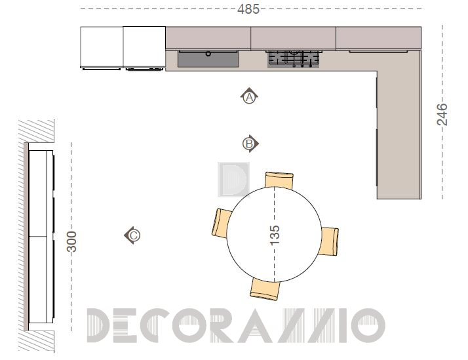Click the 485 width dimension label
(248, 9)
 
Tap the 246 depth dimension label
(442, 114)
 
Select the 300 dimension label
(71, 241)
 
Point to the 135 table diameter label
(275, 235)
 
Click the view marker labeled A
(249, 96)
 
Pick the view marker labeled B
(250, 144)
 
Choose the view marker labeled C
(132, 235)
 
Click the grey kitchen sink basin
(208, 59)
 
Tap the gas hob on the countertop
(294, 59)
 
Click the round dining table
(274, 234)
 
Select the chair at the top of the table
(279, 180)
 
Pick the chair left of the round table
(222, 223)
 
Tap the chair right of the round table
(329, 241)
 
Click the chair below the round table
(265, 289)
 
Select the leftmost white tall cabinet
(102, 47)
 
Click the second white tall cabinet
(144, 47)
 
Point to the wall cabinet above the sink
(208, 38)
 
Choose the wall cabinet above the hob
(294, 38)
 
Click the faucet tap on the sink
(208, 54)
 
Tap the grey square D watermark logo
(234, 180)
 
